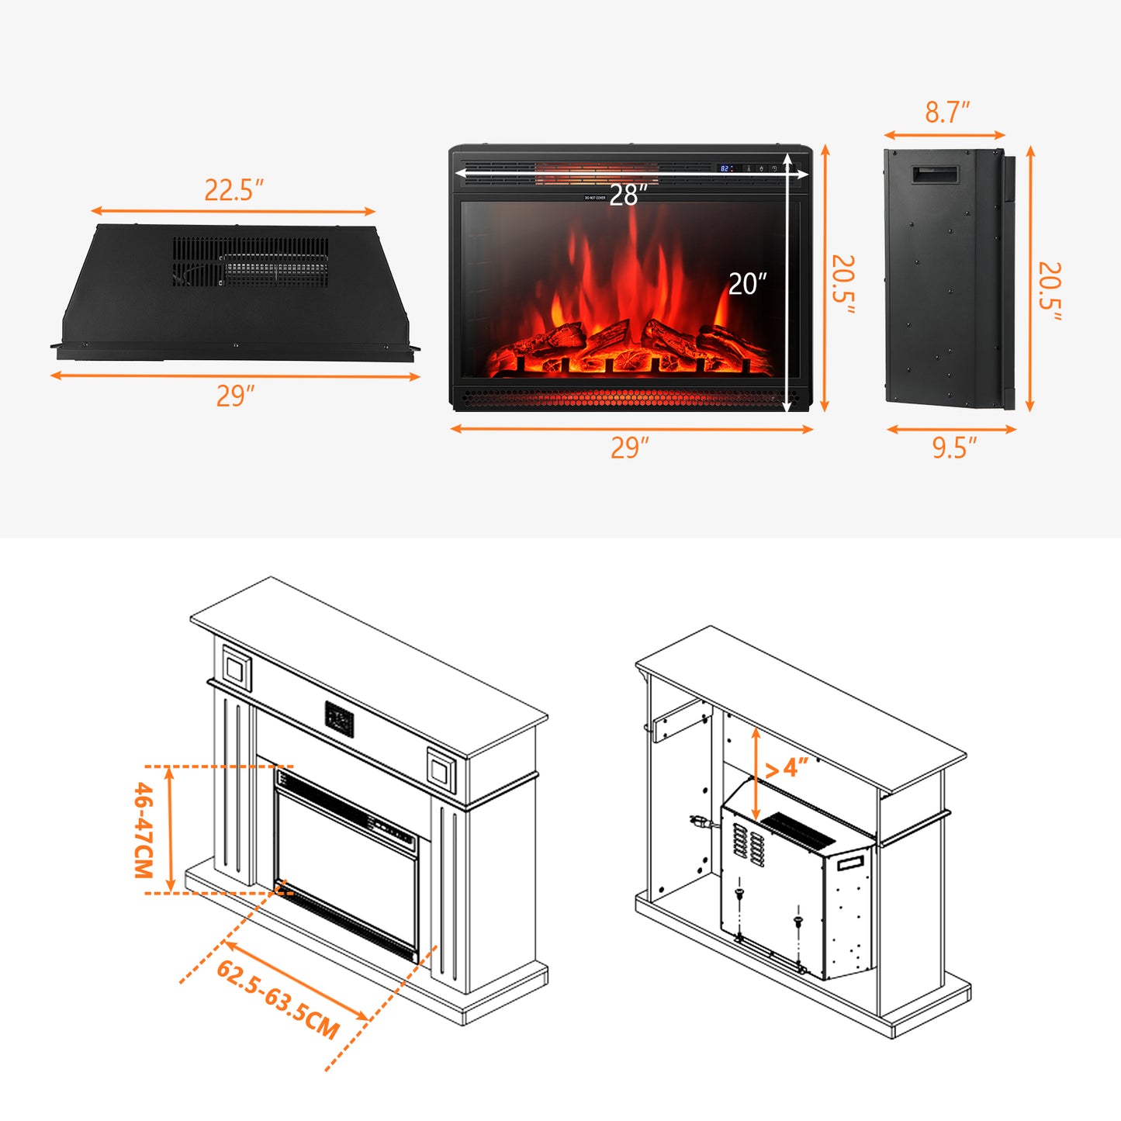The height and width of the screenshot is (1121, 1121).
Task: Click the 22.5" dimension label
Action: pyautogui.click(x=234, y=190)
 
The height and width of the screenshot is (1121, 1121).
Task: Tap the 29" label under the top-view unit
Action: pyautogui.click(x=235, y=396)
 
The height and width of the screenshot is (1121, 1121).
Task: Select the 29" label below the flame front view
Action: pyautogui.click(x=629, y=448)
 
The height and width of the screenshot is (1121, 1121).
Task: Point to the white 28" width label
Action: pyautogui.click(x=628, y=195)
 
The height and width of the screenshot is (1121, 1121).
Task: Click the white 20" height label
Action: pyautogui.click(x=747, y=284)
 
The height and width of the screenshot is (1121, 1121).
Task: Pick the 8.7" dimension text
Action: pyautogui.click(x=947, y=112)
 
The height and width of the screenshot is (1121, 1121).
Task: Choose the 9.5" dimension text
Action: pyautogui.click(x=954, y=448)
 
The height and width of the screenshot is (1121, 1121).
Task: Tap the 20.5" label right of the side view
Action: pyautogui.click(x=1050, y=290)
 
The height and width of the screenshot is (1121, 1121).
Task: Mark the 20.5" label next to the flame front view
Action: pyautogui.click(x=843, y=284)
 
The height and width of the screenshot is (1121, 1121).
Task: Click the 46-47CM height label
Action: pyautogui.click(x=144, y=829)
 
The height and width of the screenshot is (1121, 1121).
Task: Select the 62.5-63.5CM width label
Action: pyautogui.click(x=278, y=999)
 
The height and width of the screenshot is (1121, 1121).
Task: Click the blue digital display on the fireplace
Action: pyautogui.click(x=725, y=168)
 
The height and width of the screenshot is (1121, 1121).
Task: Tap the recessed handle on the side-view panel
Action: pyautogui.click(x=935, y=175)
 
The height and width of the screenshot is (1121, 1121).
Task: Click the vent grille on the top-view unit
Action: pyautogui.click(x=250, y=261)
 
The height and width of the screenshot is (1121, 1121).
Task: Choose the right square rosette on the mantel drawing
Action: pyautogui.click(x=440, y=770)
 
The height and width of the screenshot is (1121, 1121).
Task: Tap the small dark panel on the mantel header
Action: pyautogui.click(x=339, y=719)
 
